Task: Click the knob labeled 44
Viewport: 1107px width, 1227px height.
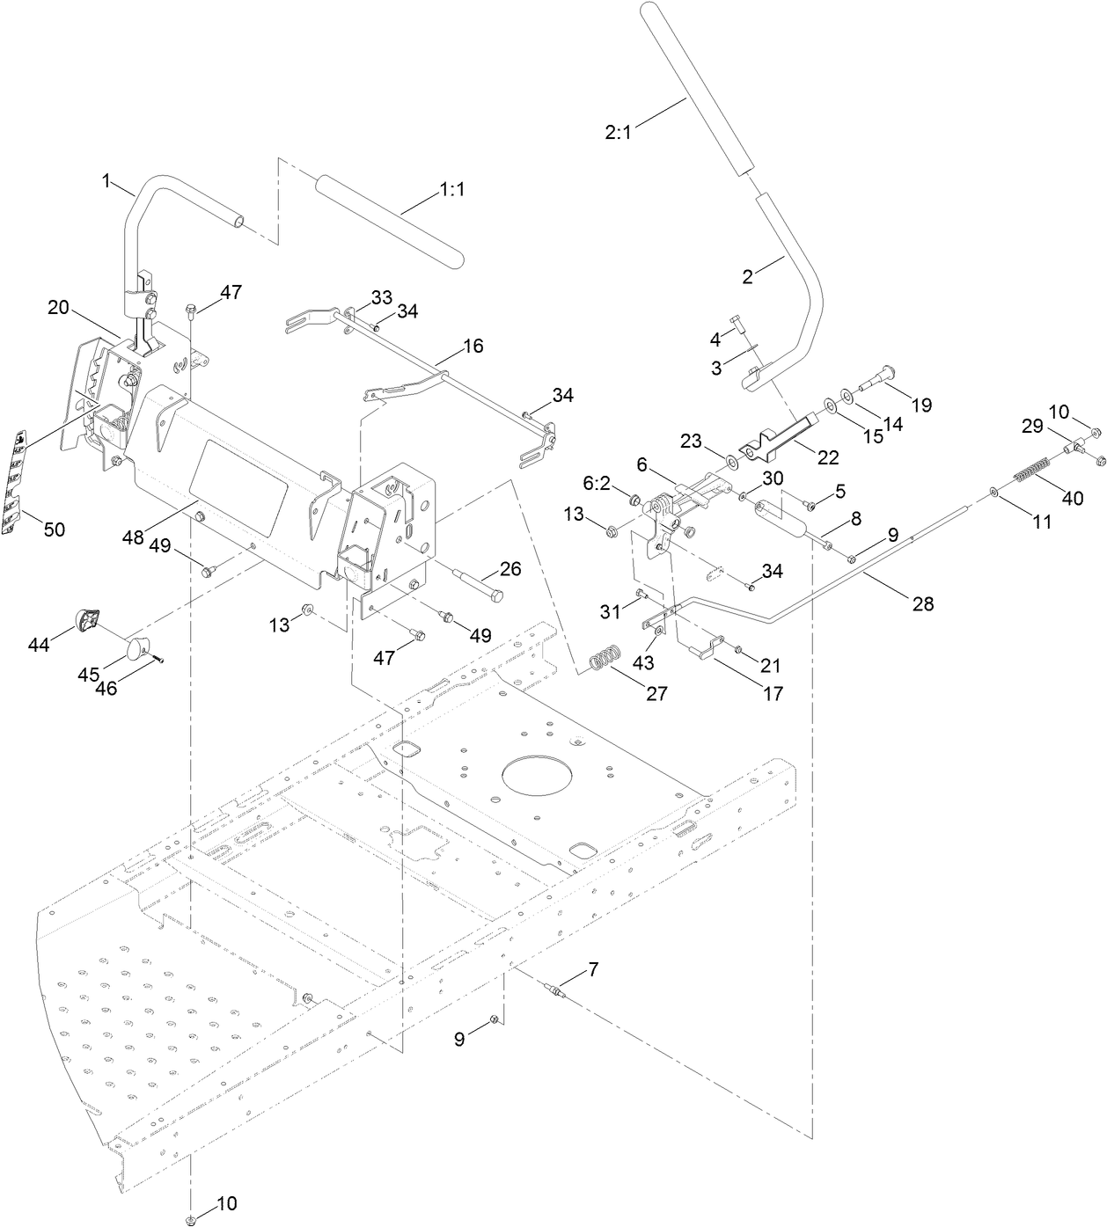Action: [90, 618]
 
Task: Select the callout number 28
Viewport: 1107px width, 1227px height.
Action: [923, 603]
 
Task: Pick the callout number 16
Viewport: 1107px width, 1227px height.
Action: [473, 346]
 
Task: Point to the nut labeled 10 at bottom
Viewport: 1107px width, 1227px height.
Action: [191, 1219]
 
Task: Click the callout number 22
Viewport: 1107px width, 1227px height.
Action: [828, 457]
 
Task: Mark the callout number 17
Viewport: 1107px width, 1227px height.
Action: [773, 693]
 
